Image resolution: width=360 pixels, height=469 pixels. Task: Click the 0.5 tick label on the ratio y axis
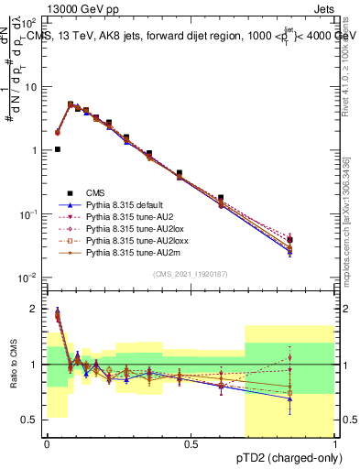coord(30,420)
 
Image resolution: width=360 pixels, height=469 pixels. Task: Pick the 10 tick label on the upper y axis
coord(30,86)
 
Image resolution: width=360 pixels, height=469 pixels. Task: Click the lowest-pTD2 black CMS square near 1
coord(58,149)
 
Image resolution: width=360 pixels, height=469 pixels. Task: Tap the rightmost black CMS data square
coord(315,239)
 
